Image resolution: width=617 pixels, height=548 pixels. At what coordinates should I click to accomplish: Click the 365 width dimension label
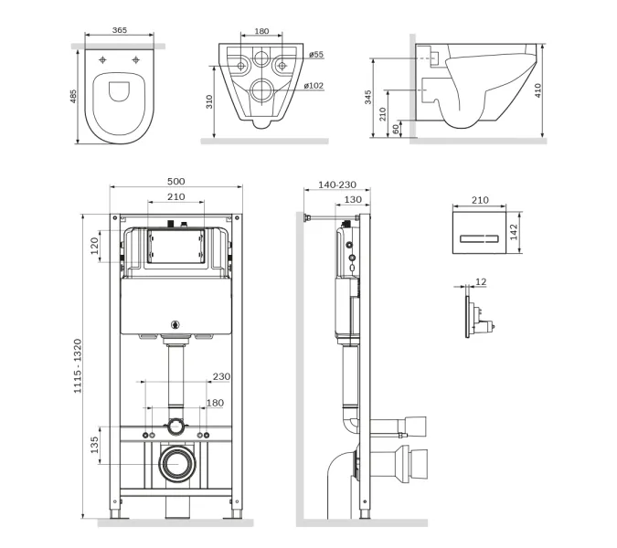[x=120, y=30]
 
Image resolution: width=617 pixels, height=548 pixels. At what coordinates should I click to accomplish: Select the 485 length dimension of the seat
[x=73, y=96]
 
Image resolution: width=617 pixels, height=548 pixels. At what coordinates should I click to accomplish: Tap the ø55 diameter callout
[x=316, y=54]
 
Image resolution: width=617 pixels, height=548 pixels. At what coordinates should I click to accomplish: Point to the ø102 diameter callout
[x=314, y=85]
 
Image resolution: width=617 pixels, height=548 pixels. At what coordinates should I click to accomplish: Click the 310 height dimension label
[x=209, y=101]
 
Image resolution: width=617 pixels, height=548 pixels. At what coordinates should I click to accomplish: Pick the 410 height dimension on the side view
[x=537, y=90]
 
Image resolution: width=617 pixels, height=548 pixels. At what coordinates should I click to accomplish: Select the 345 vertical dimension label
[x=368, y=97]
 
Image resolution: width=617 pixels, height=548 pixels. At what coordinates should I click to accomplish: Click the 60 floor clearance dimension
[x=396, y=128]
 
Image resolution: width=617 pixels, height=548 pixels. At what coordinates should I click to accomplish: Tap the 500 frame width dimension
[x=176, y=181]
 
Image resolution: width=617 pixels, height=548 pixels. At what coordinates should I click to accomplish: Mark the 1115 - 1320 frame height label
[x=78, y=365]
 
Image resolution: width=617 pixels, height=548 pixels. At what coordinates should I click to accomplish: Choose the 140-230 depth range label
[x=337, y=184]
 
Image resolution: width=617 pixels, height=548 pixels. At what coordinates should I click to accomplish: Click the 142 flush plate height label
[x=514, y=232]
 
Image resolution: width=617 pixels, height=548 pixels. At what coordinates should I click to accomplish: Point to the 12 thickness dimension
[x=481, y=282]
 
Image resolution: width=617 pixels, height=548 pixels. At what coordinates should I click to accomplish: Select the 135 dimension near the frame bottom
[x=94, y=445]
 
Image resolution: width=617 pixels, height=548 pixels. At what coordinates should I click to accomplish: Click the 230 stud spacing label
[x=221, y=376]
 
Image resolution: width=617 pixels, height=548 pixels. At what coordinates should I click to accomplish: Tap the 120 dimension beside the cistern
[x=94, y=246]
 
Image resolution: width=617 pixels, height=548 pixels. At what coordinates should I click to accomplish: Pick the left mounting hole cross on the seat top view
[x=102, y=60]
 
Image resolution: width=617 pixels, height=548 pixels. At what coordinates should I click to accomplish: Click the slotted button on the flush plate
[x=479, y=238]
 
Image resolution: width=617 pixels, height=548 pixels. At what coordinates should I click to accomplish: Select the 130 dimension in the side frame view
[x=353, y=199]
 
